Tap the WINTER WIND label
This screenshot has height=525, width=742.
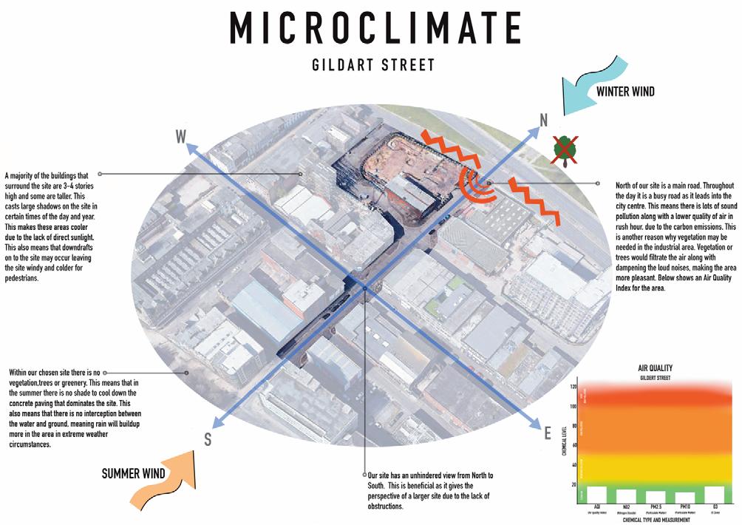click(624, 92)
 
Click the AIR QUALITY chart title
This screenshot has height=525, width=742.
click(648, 367)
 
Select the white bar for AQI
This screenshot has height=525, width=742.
click(596, 495)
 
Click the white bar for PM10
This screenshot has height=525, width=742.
click(686, 498)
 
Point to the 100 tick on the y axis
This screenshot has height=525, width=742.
click(572, 406)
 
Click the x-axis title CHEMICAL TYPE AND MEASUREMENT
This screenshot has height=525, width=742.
click(647, 521)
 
